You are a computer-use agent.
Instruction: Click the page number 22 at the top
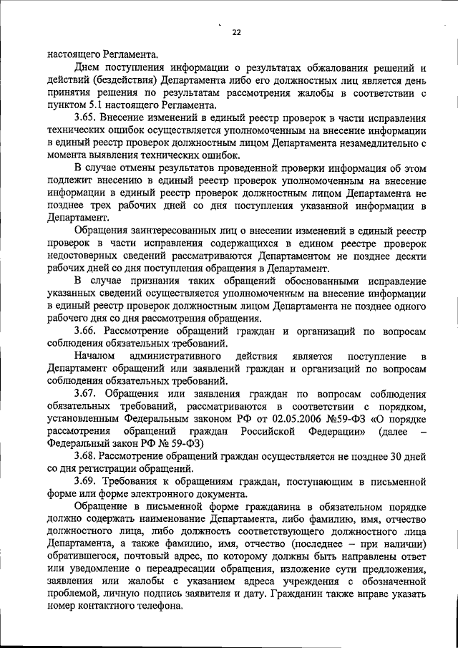pyautogui.click(x=236, y=31)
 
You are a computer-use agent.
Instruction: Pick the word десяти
pyautogui.click(x=411, y=256)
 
